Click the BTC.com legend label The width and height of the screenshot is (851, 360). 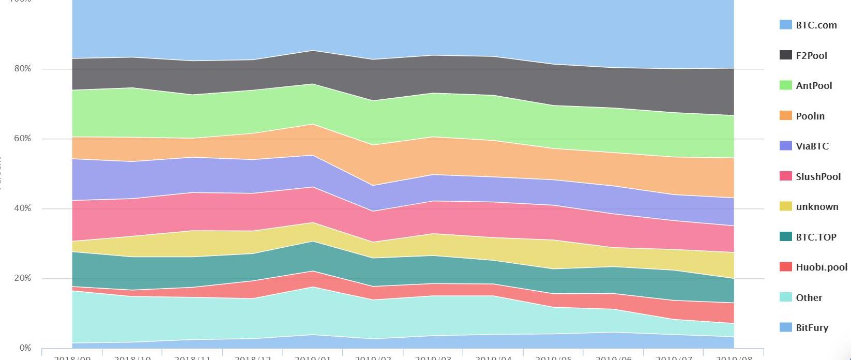816,25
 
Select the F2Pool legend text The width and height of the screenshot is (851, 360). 811,55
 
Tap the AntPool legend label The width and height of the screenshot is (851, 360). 814,86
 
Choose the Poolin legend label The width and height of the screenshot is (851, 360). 810,116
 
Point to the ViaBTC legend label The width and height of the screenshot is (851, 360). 812,146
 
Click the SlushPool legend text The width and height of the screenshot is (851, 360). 818,176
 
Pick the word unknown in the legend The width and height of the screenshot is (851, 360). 817,207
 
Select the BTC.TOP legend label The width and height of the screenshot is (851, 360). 816,237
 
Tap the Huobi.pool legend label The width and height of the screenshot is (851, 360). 822,267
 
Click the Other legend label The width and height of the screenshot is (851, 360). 809,297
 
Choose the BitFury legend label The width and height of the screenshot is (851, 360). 812,328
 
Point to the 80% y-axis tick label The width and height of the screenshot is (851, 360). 23,69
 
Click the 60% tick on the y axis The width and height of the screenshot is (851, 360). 23,139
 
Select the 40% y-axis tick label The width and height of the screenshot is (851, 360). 23,208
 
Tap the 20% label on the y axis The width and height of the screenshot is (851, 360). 23,278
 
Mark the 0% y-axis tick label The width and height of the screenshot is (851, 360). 25,348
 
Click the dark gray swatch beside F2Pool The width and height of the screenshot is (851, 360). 785,55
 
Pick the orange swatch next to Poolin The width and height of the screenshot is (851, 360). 785,115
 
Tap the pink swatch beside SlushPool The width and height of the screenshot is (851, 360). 785,176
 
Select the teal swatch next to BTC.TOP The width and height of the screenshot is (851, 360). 785,236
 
